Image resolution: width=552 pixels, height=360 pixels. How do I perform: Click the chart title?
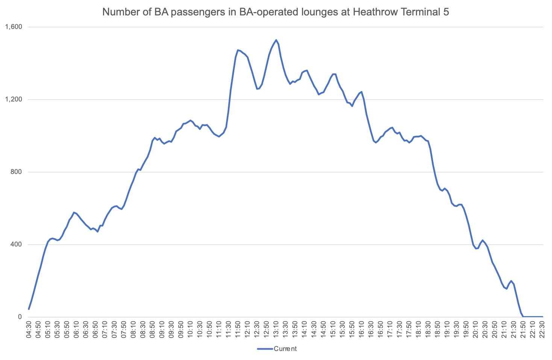[x=276, y=12]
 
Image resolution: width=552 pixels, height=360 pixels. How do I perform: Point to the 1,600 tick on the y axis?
[x=14, y=27]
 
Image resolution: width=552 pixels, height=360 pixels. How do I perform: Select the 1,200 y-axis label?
[x=14, y=99]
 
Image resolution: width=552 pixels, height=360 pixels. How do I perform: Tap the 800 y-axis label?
[x=16, y=172]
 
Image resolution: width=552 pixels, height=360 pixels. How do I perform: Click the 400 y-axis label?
[x=16, y=244]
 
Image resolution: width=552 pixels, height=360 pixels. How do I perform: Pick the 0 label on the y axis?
[x=20, y=317]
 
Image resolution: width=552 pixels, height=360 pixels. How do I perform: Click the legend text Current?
[x=285, y=349]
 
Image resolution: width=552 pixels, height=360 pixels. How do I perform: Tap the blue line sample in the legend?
[x=265, y=349]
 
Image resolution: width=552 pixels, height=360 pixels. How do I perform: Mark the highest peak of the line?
[x=276, y=40]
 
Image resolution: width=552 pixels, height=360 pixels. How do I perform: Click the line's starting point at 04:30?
[x=29, y=309]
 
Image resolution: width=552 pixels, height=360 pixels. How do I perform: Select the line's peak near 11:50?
[x=238, y=50]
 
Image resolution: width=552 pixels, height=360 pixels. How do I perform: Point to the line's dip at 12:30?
[x=257, y=89]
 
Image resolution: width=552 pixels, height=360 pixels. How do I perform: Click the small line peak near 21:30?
[x=511, y=281]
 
